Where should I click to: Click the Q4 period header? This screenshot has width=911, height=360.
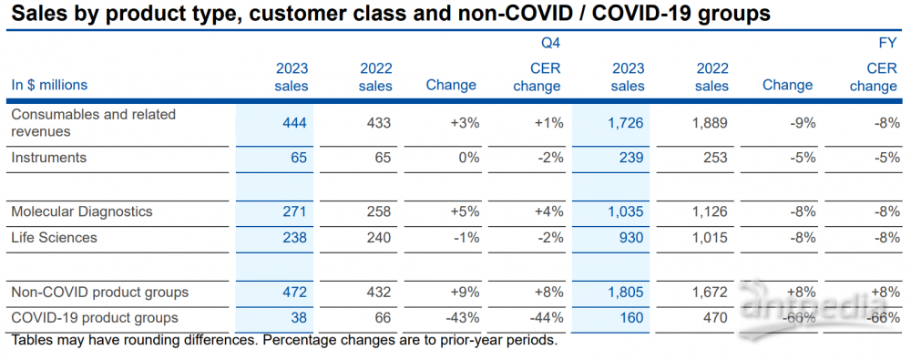pyautogui.click(x=552, y=43)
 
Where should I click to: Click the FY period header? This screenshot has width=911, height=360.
pyautogui.click(x=889, y=43)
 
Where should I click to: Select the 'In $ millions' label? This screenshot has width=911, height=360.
pyautogui.click(x=49, y=85)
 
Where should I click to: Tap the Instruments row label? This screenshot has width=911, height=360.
pyautogui.click(x=49, y=157)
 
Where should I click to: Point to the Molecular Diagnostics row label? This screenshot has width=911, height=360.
pyautogui.click(x=82, y=211)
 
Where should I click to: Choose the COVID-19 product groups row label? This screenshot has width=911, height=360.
pyautogui.click(x=95, y=318)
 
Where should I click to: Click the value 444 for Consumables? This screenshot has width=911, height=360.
pyautogui.click(x=294, y=123)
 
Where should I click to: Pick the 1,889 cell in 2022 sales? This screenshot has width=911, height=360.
pyautogui.click(x=709, y=123)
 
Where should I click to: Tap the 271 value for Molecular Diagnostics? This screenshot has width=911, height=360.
pyautogui.click(x=294, y=211)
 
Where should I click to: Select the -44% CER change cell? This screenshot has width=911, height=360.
pyautogui.click(x=546, y=318)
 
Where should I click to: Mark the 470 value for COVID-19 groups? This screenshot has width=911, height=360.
pyautogui.click(x=716, y=318)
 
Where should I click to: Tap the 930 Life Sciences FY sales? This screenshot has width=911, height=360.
pyautogui.click(x=633, y=237)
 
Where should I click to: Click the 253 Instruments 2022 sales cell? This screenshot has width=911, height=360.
pyautogui.click(x=716, y=157)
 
